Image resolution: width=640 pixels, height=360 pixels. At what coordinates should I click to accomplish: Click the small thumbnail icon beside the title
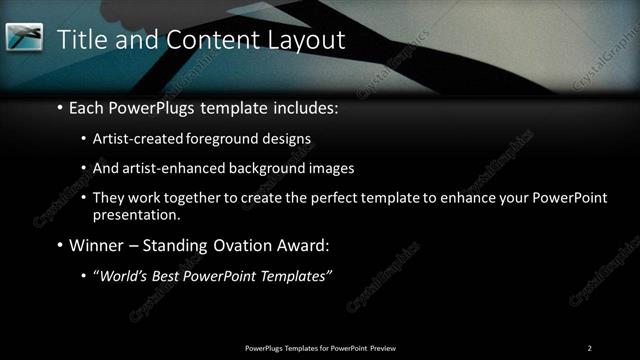coord(24,38)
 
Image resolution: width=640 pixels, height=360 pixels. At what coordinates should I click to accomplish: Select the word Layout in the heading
coord(304,40)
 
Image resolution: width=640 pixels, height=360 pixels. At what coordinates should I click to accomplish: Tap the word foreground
coord(217,138)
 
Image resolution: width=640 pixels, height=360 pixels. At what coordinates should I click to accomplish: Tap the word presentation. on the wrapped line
coord(136,214)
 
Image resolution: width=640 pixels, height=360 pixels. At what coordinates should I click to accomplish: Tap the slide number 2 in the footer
coord(589,347)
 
